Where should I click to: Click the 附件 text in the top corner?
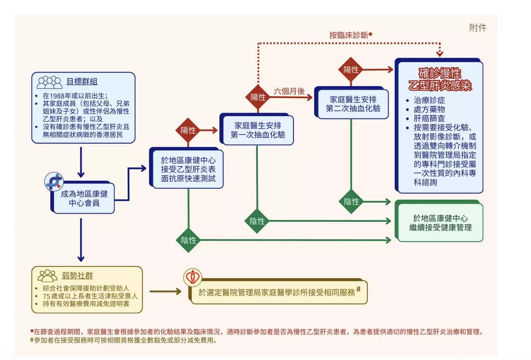[478, 27]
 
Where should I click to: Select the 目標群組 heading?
[82, 81]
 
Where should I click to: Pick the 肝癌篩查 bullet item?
[429, 118]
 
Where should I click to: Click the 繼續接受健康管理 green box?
[440, 223]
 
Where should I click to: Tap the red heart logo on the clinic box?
[193, 278]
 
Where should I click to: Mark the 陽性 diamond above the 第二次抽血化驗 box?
[351, 69]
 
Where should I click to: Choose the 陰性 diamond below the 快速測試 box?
[189, 240]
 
